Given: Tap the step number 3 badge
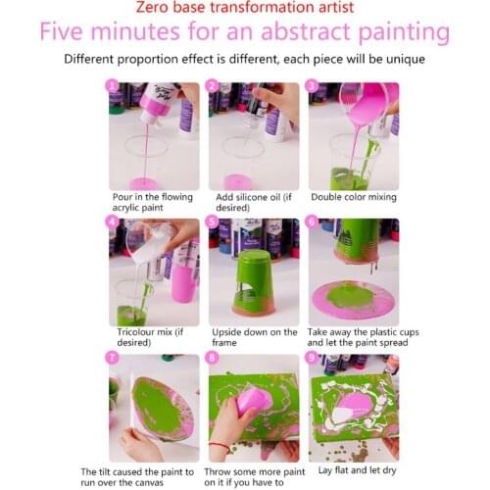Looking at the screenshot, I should tap(313, 86).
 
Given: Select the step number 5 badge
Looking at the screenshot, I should tap(214, 222).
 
